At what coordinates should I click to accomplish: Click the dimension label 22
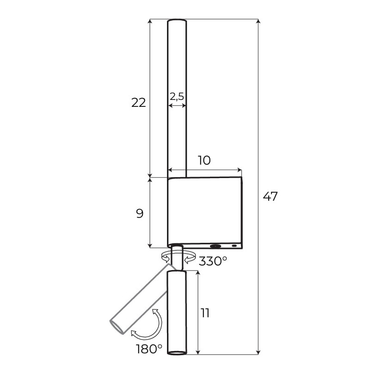pyautogui.click(x=138, y=103)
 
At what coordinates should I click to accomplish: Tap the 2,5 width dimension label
pyautogui.click(x=177, y=97)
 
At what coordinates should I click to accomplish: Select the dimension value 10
pyautogui.click(x=204, y=160)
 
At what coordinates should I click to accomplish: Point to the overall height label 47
pyautogui.click(x=270, y=196)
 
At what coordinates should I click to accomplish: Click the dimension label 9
pyautogui.click(x=140, y=214)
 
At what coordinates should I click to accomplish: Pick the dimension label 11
pyautogui.click(x=205, y=313)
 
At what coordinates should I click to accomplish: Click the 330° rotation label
pyautogui.click(x=213, y=261)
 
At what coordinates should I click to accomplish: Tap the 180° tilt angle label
pyautogui.click(x=149, y=349)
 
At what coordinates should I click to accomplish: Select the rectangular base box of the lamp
pyautogui.click(x=205, y=212)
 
